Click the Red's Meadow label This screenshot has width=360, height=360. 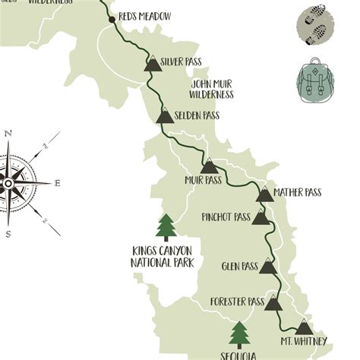tap(145, 17)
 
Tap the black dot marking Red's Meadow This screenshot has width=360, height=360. tap(112, 17)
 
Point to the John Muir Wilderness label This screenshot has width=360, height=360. tap(213, 89)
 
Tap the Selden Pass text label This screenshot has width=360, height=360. tap(197, 115)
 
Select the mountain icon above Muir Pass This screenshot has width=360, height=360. tap(209, 166)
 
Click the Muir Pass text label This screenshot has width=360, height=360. tap(203, 182)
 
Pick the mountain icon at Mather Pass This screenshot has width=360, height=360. tap(264, 194)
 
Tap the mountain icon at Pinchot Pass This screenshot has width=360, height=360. tap(261, 218)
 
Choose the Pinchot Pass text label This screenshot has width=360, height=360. tap(226, 216)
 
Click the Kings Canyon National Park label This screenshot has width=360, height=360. tap(162, 257)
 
